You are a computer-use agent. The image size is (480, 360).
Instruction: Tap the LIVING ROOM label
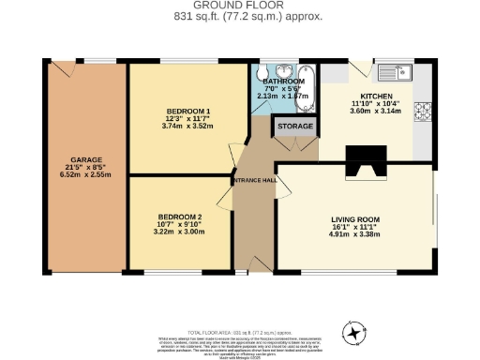pyautogui.click(x=354, y=219)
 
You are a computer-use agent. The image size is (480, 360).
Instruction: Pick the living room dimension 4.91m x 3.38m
pyautogui.click(x=354, y=234)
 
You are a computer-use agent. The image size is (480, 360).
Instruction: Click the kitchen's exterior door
pyautogui.click(x=358, y=68)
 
